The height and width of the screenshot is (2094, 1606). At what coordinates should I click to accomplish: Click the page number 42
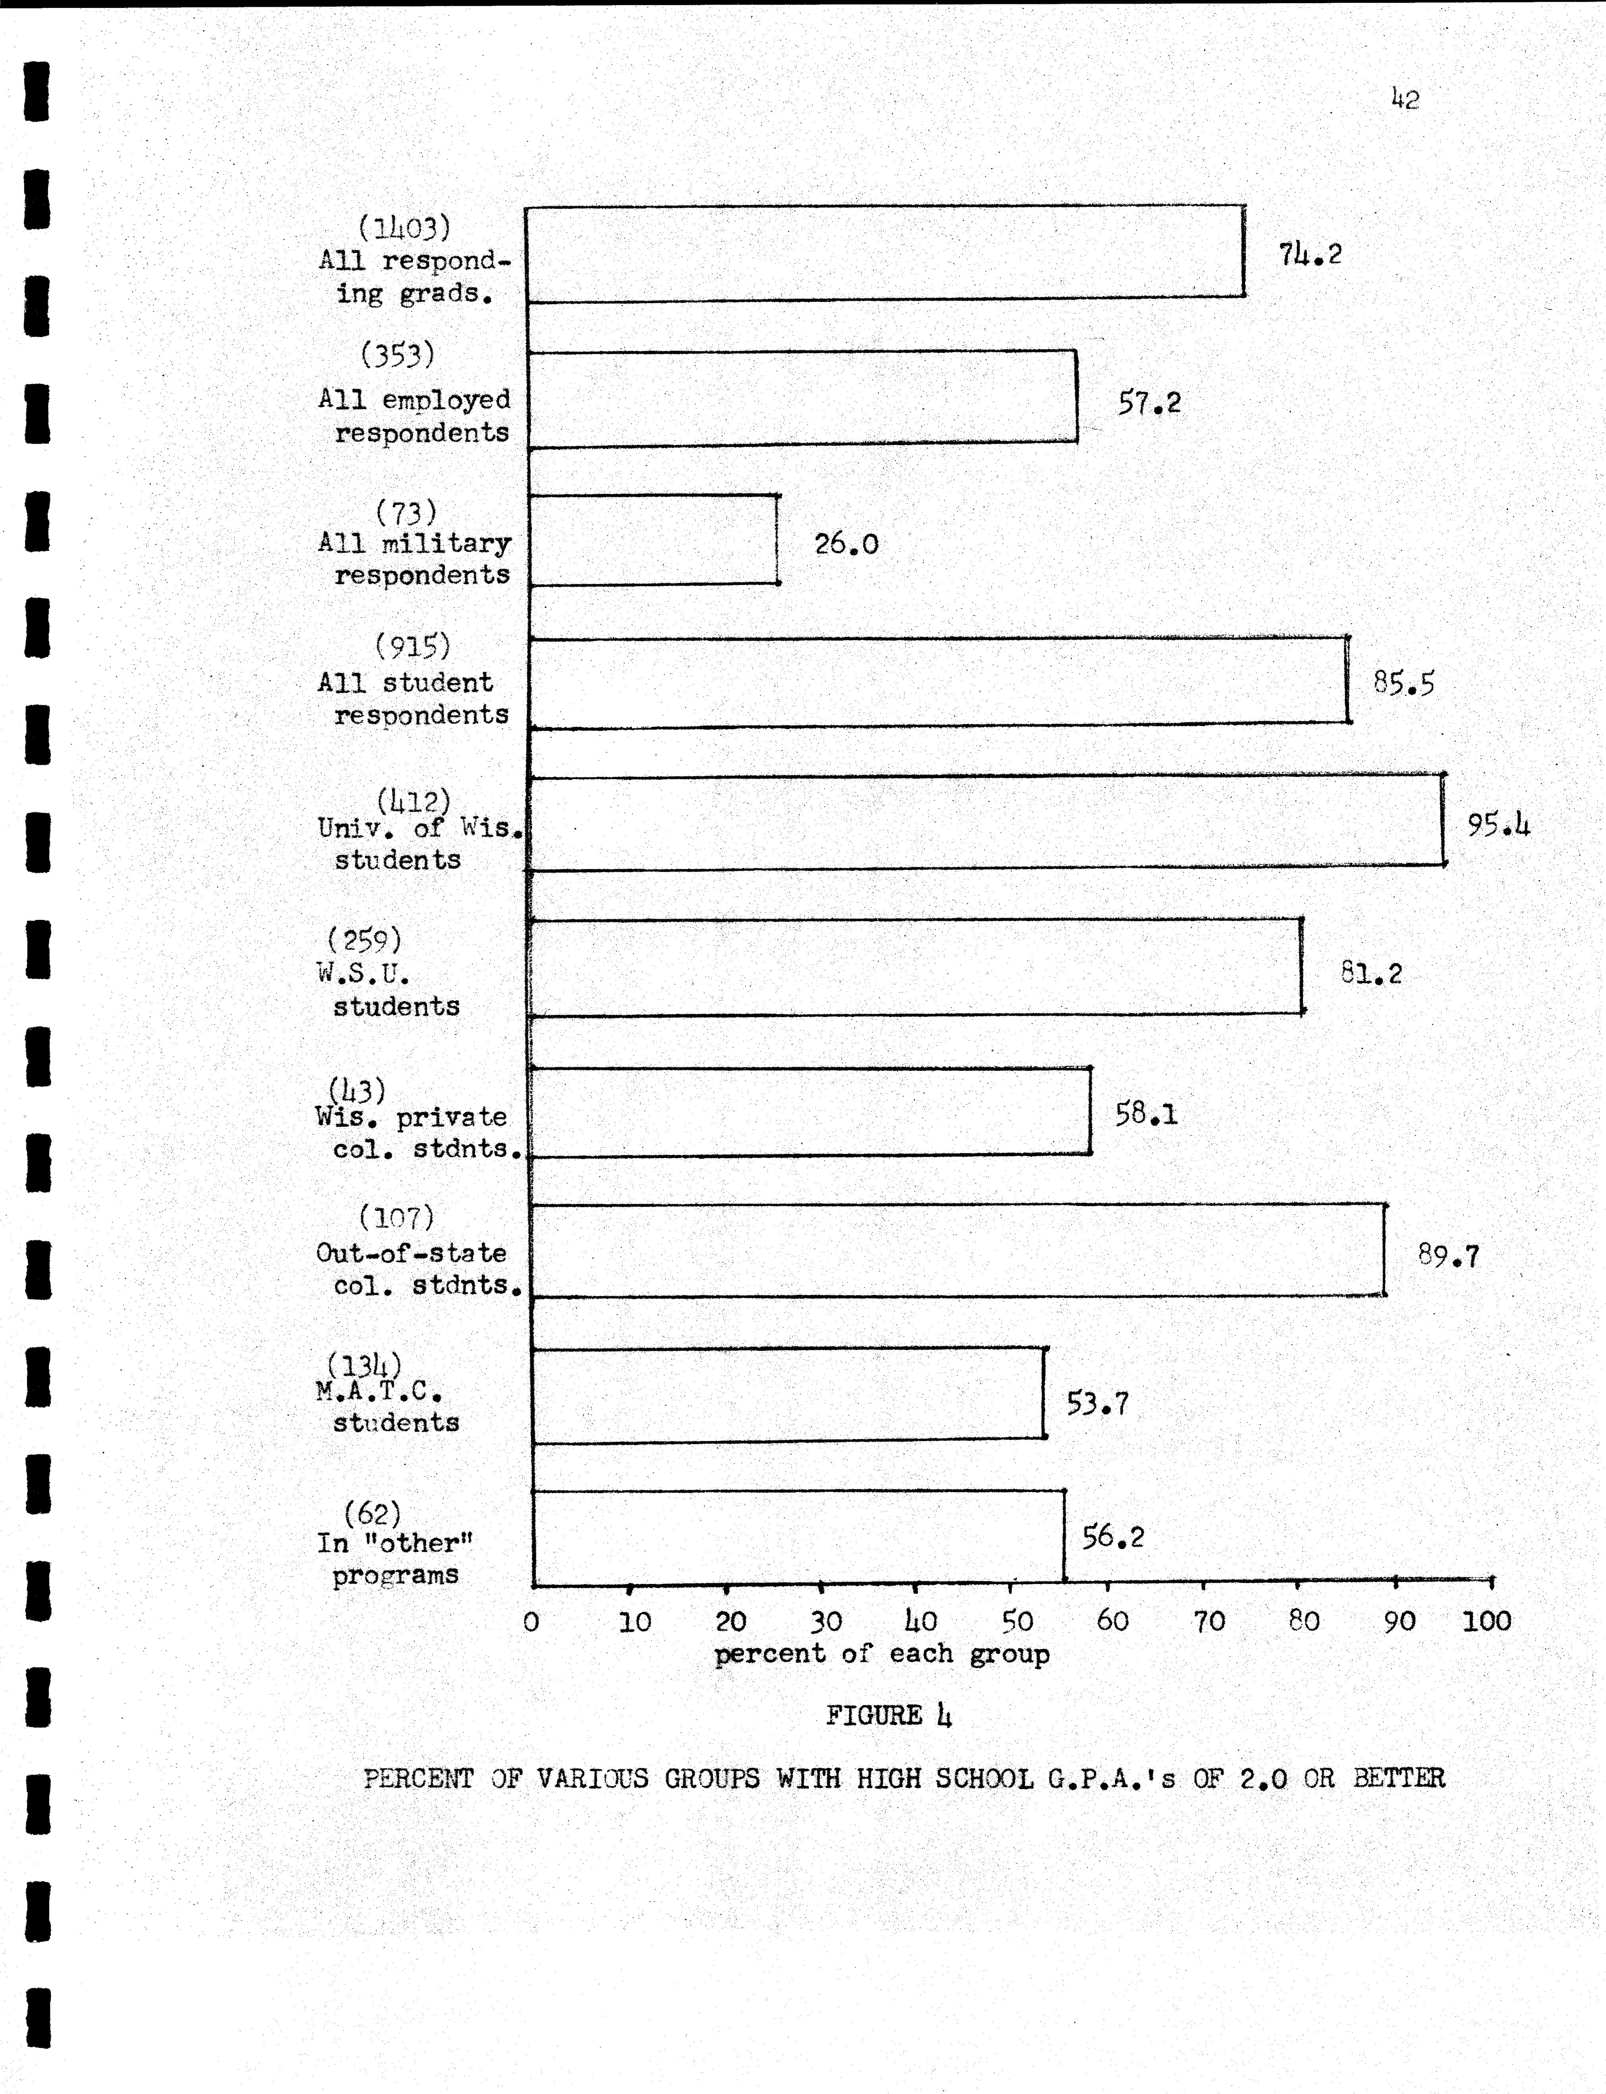point(1405,99)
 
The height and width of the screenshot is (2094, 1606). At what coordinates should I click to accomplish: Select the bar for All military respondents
point(653,540)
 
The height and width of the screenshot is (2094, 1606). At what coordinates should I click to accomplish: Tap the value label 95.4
point(1498,824)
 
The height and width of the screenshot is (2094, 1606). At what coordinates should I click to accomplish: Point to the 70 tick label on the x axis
point(1208,1621)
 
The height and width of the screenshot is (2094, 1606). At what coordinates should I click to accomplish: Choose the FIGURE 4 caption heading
point(888,1715)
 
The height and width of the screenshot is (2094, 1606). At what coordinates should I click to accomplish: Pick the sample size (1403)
point(403,228)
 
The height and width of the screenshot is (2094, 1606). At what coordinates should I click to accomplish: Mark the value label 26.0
point(846,544)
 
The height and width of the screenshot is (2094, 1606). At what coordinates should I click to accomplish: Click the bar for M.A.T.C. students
point(789,1394)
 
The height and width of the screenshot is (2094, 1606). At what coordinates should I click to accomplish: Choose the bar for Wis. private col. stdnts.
point(811,1112)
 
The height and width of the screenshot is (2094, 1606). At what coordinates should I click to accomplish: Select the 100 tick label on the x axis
point(1486,1621)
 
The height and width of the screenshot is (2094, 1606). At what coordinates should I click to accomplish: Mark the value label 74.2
point(1310,253)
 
